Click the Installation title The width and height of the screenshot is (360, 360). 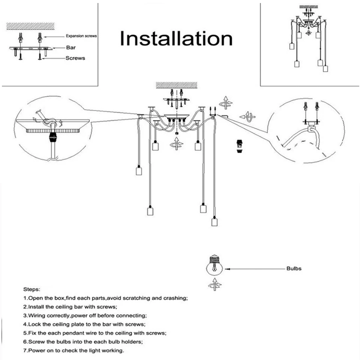coord(176,39)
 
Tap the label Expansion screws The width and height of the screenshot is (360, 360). coord(81,36)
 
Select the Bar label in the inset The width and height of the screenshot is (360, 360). coord(71,48)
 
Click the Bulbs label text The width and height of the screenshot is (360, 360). coord(294,268)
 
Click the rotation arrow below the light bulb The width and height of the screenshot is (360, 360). coord(214,285)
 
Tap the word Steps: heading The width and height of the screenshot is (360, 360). coord(33,289)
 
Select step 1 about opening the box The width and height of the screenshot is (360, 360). coord(105,298)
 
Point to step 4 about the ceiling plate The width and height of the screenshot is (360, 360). coord(84,324)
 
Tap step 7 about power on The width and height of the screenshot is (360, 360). coord(73,351)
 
